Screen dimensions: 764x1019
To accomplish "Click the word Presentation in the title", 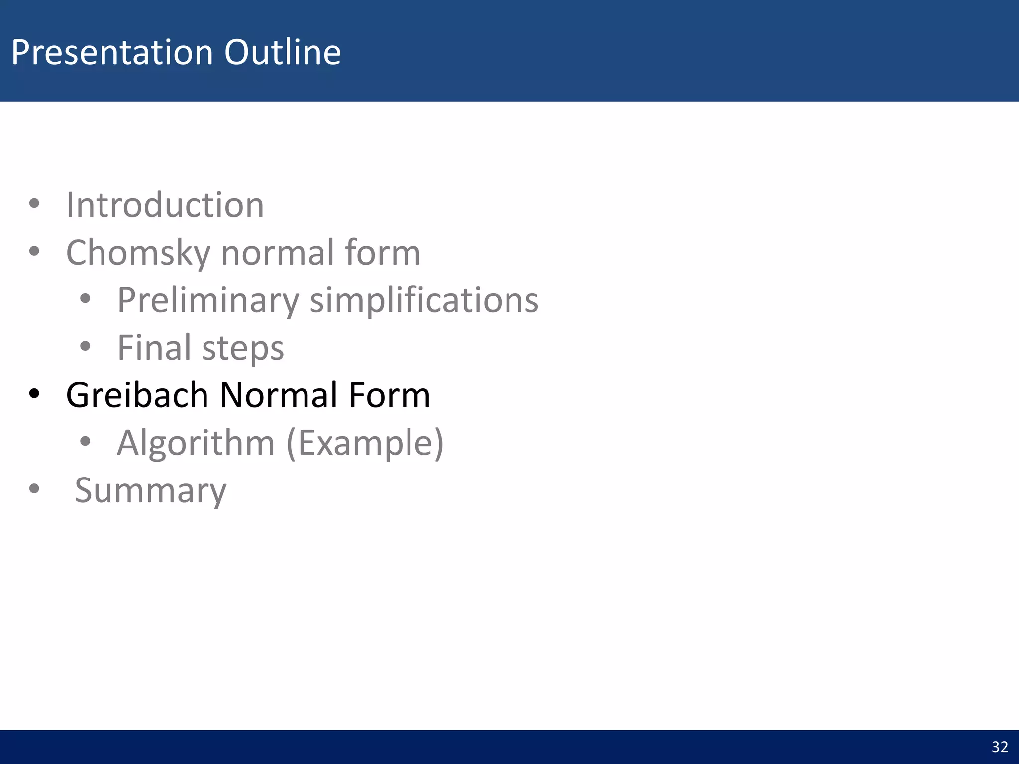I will (x=112, y=52).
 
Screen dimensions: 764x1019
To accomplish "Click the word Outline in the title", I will (x=282, y=52).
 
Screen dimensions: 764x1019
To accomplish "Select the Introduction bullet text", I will (x=165, y=205).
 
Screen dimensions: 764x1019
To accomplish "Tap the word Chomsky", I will (x=138, y=253).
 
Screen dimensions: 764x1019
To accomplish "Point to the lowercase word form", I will (x=382, y=252).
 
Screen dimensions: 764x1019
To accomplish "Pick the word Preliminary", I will (x=208, y=301).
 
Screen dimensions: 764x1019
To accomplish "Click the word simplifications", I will (x=424, y=301).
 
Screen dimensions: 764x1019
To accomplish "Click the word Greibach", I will (x=137, y=395).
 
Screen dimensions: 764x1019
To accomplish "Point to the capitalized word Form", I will (x=389, y=395).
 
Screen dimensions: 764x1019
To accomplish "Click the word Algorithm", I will (x=196, y=443).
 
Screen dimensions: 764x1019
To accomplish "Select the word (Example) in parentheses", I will (x=365, y=443).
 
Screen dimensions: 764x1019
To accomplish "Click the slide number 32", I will (x=1000, y=747).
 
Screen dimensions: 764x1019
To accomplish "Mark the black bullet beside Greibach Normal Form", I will (x=34, y=394).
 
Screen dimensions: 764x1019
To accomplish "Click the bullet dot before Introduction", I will (x=34, y=203).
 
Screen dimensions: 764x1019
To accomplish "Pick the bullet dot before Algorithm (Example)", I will (x=85, y=441).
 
